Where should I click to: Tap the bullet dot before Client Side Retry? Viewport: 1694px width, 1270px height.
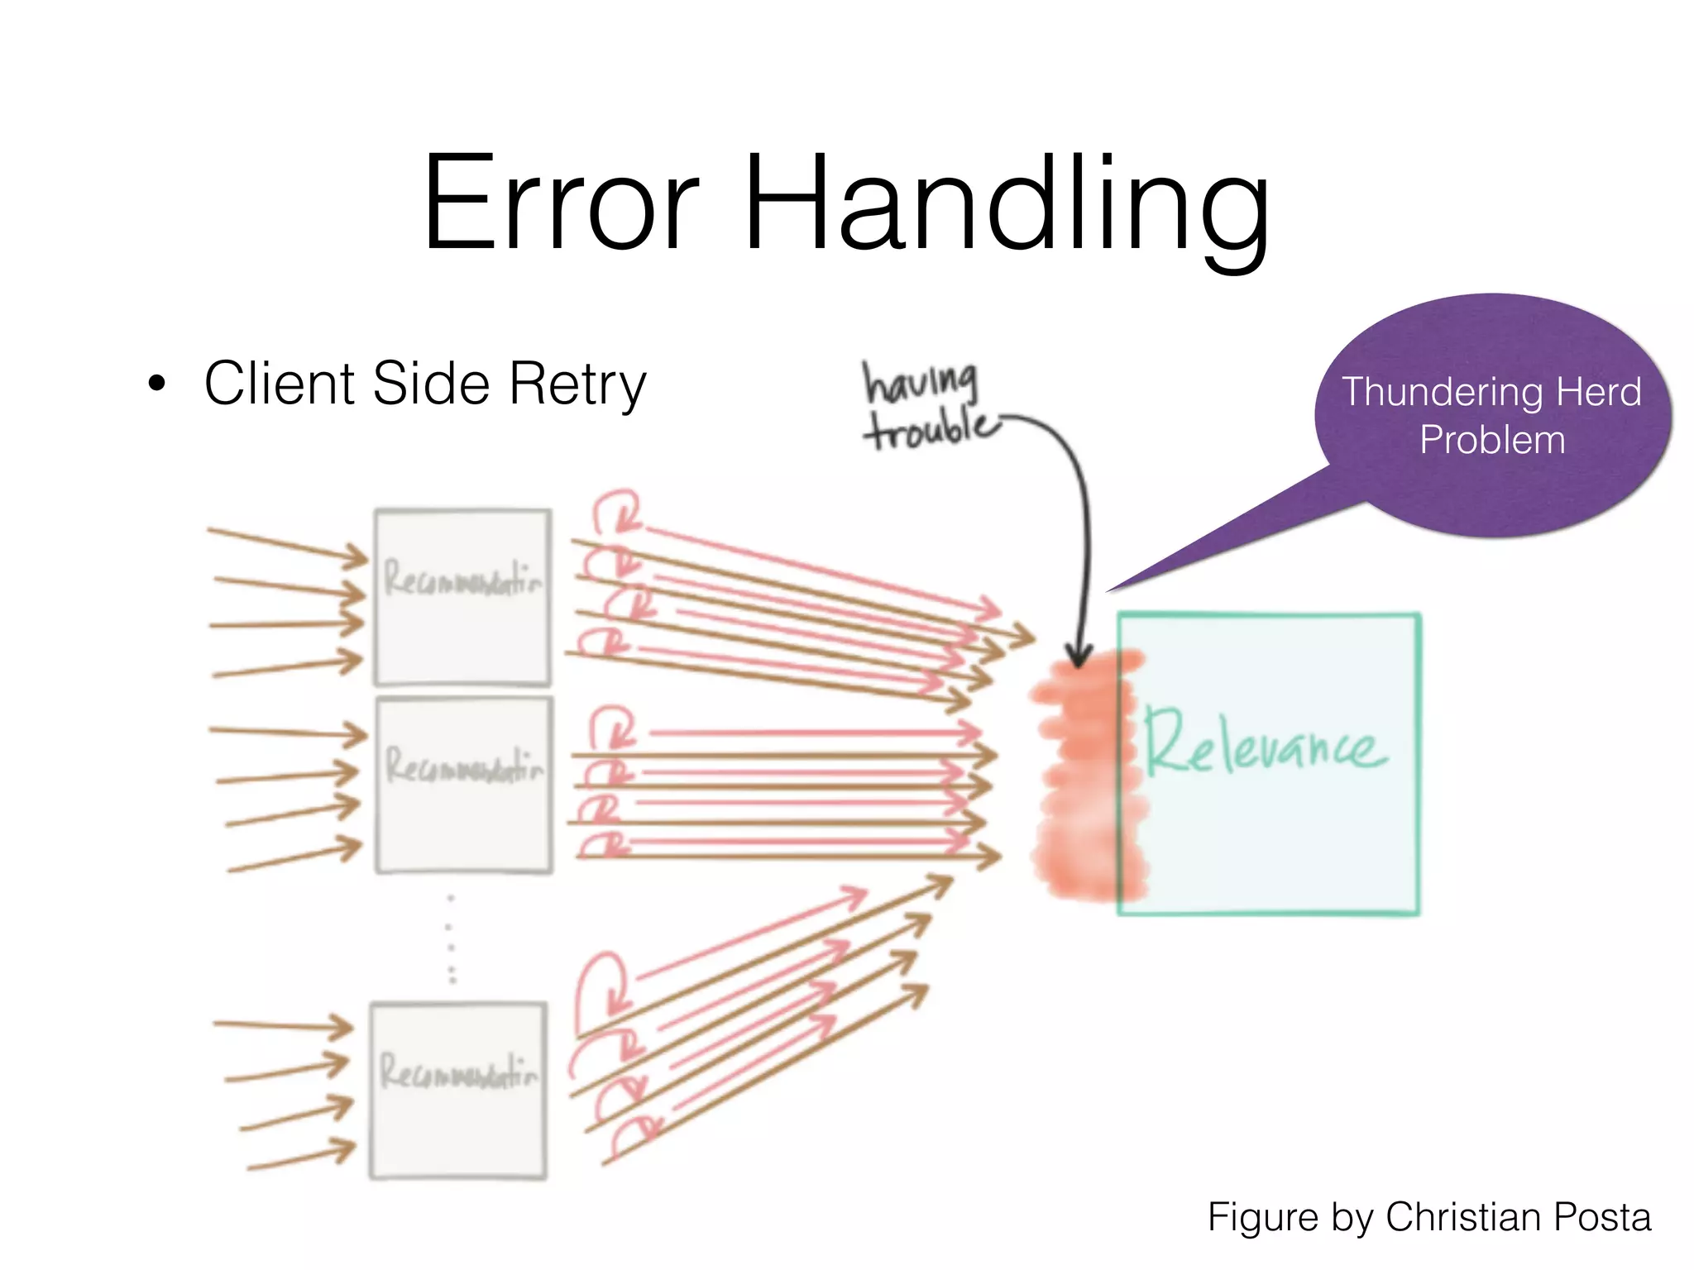[157, 384]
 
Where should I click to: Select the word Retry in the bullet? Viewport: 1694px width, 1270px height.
[577, 384]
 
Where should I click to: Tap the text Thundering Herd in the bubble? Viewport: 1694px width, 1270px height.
[1491, 392]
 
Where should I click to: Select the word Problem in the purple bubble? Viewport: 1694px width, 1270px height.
[1492, 440]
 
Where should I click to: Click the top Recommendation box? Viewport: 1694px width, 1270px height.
[462, 598]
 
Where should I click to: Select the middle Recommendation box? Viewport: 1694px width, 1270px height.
[463, 785]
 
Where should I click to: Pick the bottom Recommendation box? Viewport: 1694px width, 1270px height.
[458, 1090]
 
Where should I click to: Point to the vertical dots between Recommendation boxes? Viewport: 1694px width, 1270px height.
[451, 938]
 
